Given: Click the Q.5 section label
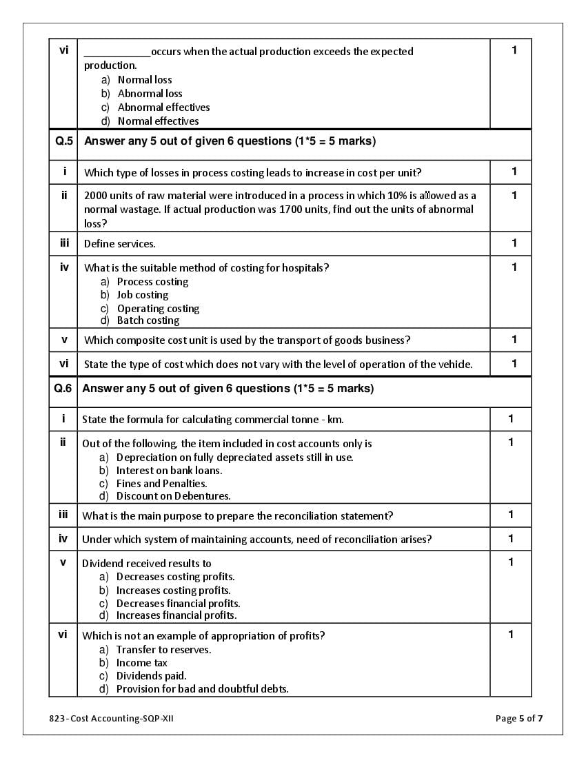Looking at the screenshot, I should point(63,141).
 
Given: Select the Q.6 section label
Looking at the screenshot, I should point(63,389).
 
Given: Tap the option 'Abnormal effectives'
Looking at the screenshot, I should point(163,107).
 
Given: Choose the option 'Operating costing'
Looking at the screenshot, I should point(158,309).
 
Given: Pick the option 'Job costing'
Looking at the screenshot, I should point(143,295).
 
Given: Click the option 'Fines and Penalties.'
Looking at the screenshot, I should point(161,484).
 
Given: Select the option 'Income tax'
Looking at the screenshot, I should point(141,663).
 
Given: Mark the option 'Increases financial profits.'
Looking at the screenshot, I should point(176,615).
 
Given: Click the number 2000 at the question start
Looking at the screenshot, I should point(97,196).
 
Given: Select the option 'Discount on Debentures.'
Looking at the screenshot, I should point(173,496).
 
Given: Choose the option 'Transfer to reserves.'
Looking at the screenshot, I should point(163,650).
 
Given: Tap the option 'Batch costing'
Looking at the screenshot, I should point(148,320).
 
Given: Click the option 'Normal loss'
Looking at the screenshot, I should point(145,80).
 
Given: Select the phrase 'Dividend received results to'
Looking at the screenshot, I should point(147,564).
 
